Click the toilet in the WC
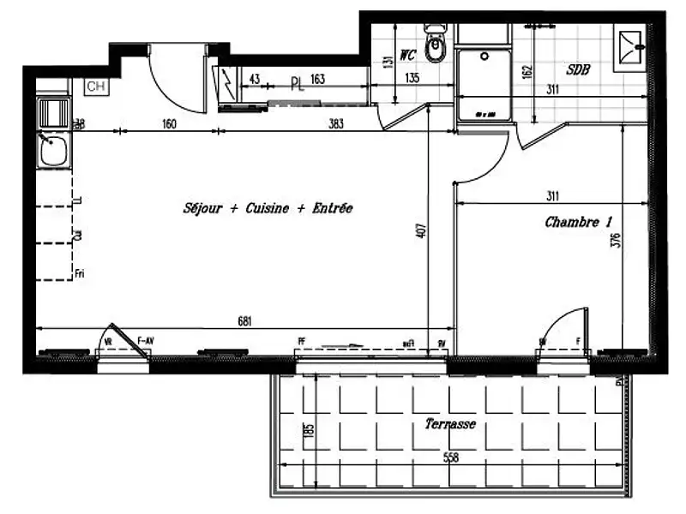coord(437,50)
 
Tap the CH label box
coord(96,86)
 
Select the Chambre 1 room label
coord(579,222)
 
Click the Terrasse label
coord(450,424)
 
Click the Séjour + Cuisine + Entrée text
coord(267,208)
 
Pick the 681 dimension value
coord(246,320)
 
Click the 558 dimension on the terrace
coord(452,458)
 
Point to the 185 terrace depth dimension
coord(310,429)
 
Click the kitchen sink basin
coord(56,152)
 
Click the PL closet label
coord(297,84)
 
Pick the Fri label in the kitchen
coord(79,273)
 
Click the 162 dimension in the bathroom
coord(527,70)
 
